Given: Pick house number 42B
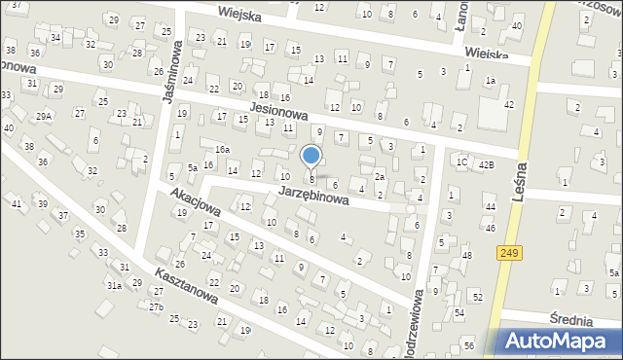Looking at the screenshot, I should point(486,164).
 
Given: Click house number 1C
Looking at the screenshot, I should point(462,162).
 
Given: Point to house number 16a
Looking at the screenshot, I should point(222,149).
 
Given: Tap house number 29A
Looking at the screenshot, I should point(44,116).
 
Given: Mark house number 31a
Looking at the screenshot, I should point(115,285).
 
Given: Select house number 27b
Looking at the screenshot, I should point(155,306).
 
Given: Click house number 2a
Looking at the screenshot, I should point(381,177).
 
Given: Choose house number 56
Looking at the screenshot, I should point(469,346).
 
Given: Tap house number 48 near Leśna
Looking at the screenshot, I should point(467,256).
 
